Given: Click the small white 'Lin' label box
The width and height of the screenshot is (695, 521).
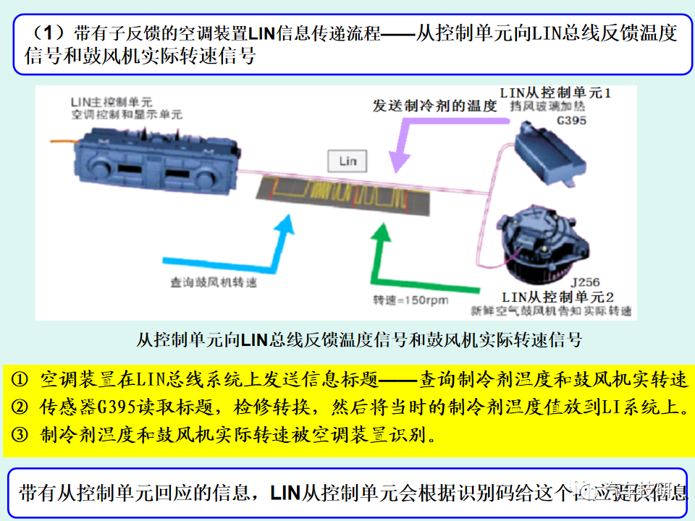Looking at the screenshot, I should point(347,161).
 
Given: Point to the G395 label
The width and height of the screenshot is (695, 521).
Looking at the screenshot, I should point(572,121).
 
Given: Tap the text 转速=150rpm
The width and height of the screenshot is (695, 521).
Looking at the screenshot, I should point(410,300).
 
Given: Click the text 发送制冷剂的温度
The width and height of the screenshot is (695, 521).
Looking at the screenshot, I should point(434,106).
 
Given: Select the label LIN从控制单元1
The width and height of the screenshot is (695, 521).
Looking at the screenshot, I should point(556,93).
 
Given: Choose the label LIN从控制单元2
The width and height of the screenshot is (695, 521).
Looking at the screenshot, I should point(558,297).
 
